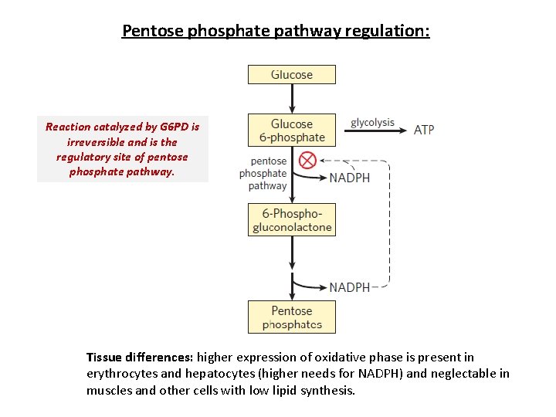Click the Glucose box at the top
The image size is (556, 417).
tap(291, 75)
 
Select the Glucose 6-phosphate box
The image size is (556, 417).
tap(291, 131)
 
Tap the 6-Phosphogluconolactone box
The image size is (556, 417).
tap(291, 220)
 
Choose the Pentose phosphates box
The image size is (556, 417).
tap(291, 317)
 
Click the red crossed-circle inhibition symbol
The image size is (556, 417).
tap(307, 161)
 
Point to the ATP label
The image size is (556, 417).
tap(424, 130)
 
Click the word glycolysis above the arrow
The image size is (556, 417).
tap(372, 122)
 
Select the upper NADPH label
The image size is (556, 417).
tap(349, 178)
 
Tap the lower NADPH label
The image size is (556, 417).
tap(349, 287)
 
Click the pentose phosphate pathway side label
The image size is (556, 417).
tap(263, 174)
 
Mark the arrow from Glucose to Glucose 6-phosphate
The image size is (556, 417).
tap(292, 99)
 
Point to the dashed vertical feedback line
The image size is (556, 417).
tap(389, 224)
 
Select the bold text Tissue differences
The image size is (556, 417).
tap(140, 357)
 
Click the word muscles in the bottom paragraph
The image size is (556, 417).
tap(107, 391)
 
